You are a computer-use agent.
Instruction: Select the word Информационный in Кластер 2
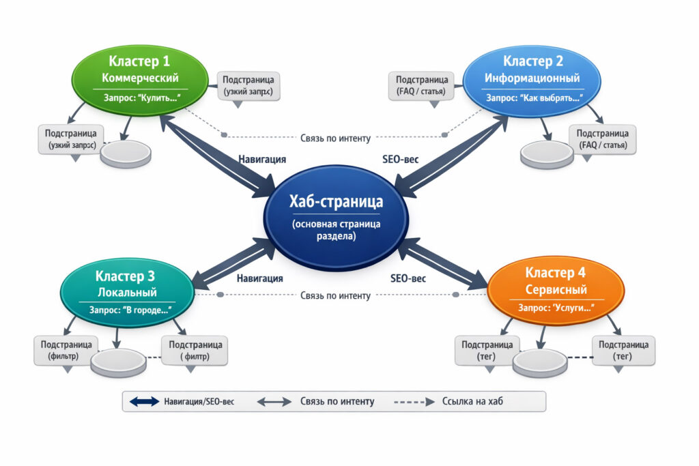pos(532,78)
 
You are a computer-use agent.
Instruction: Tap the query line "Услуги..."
pos(556,308)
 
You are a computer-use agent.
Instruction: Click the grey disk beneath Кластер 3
pos(117,361)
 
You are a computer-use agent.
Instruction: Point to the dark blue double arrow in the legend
pos(143,401)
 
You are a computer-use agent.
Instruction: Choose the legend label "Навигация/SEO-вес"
pos(199,401)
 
